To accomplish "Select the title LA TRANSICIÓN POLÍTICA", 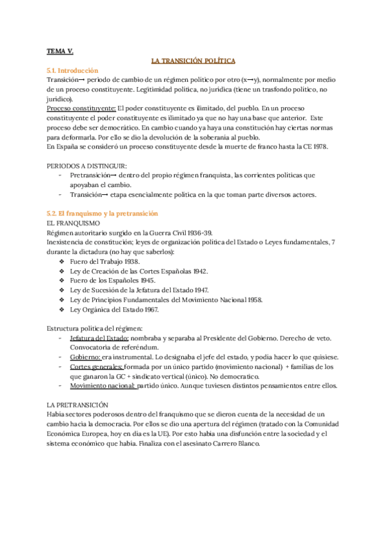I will coord(193,60).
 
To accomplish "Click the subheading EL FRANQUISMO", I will coord(74,223).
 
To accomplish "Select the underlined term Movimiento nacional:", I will coord(101,386).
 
